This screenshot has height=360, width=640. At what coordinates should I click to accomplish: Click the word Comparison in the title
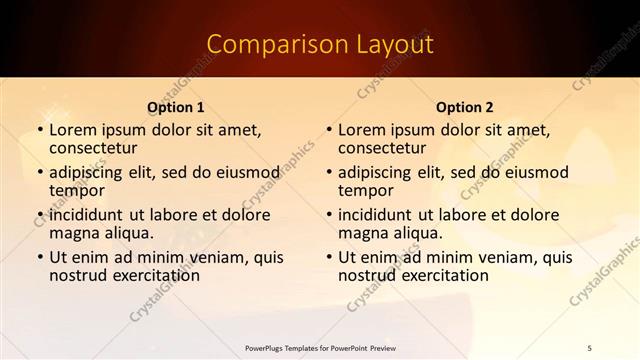pos(267,45)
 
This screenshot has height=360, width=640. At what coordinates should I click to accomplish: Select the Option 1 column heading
pos(176,107)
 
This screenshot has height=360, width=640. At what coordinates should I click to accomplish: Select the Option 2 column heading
pos(465,107)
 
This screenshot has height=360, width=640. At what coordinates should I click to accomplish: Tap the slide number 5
pos(590,347)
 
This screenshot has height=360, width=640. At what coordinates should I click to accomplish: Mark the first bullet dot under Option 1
pos(39,130)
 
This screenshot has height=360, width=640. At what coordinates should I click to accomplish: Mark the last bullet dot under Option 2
pos(328,257)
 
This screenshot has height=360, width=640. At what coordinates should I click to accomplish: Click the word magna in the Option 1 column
pos(76,234)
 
